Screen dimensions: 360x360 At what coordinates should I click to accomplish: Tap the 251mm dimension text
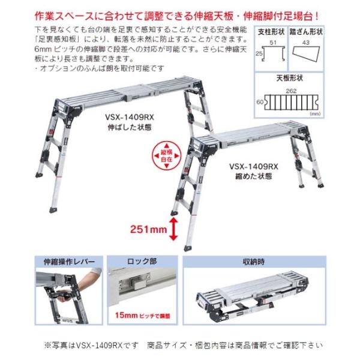click(x=148, y=228)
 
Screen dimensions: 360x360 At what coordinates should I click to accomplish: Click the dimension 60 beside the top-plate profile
click(x=260, y=102)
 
